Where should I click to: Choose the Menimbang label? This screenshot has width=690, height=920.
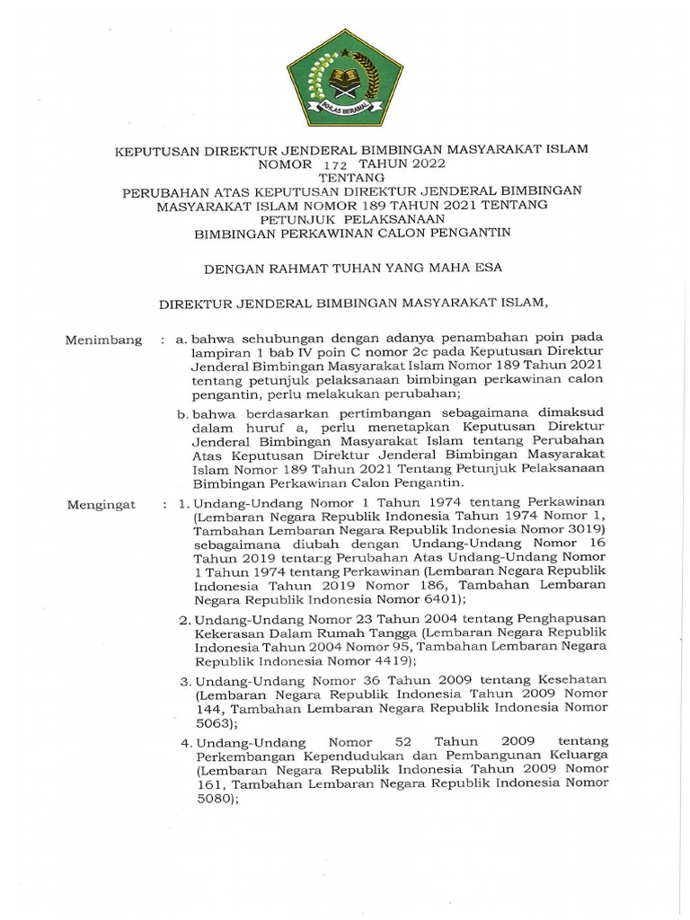click(104, 340)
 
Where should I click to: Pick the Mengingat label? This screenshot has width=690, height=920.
click(102, 504)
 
